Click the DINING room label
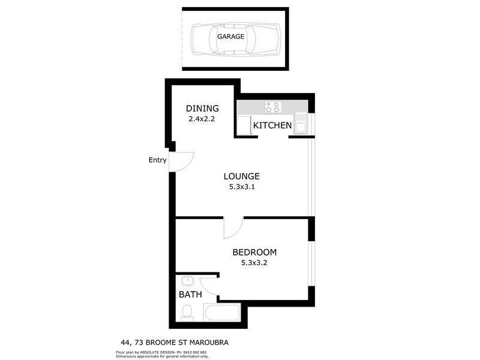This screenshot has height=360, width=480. click(x=202, y=109)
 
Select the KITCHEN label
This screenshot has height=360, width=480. click(x=272, y=126)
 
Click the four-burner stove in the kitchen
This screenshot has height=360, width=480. click(x=272, y=107)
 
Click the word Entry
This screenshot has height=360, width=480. click(x=158, y=160)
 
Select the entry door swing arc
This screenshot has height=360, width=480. click(x=184, y=161)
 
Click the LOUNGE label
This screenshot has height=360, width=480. click(x=241, y=176)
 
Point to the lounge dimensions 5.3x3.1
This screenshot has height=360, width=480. click(x=241, y=187)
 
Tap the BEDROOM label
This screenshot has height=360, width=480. click(x=254, y=253)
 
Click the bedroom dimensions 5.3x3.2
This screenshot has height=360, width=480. click(x=254, y=263)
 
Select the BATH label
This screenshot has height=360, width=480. click(x=190, y=295)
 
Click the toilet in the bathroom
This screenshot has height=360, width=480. click(x=187, y=311)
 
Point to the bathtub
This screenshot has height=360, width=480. click(x=221, y=313)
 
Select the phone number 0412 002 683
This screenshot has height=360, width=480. click(x=194, y=352)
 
